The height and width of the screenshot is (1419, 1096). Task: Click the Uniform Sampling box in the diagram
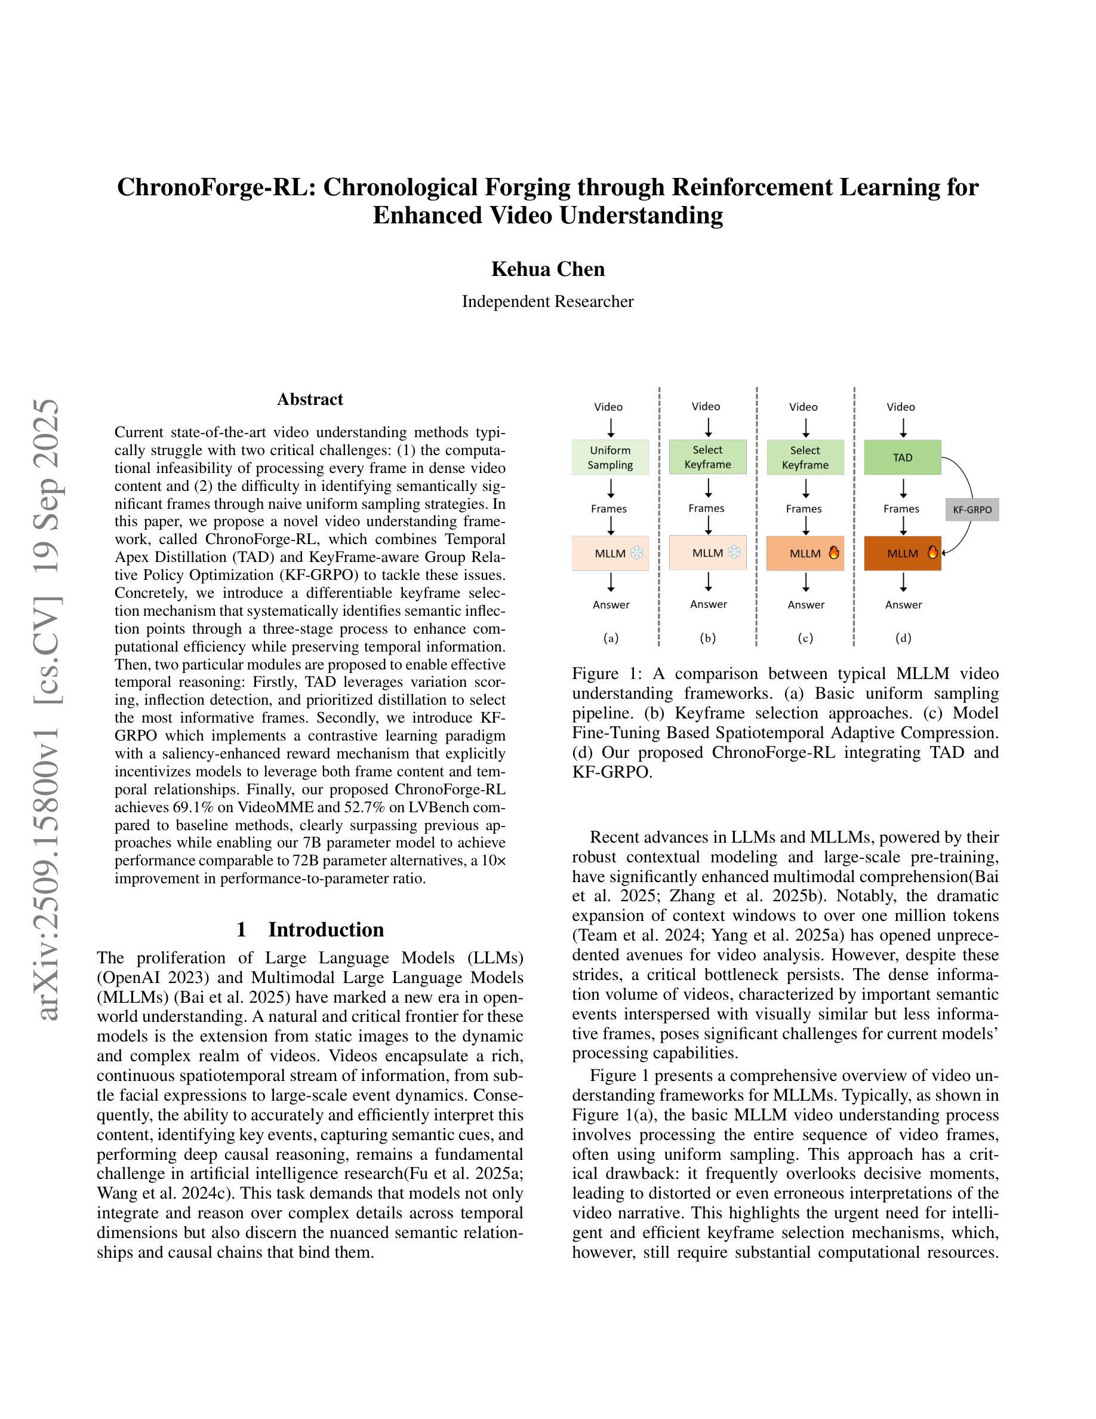pyautogui.click(x=609, y=457)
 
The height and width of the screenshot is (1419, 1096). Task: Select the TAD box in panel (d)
pyautogui.click(x=902, y=457)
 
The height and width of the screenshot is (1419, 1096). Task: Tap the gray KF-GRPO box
pyautogui.click(x=972, y=510)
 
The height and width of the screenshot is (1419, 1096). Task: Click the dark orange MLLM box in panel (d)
pyautogui.click(x=902, y=554)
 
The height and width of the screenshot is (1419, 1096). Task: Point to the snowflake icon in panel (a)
pyautogui.click(x=637, y=554)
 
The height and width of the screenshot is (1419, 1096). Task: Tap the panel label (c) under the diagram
pyautogui.click(x=805, y=638)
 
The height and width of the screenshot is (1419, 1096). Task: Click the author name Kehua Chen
pyautogui.click(x=547, y=269)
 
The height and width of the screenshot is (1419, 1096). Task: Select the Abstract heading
pyautogui.click(x=310, y=399)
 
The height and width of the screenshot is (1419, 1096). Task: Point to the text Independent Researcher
pyautogui.click(x=547, y=302)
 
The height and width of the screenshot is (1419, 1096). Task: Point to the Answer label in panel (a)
pyautogui.click(x=611, y=605)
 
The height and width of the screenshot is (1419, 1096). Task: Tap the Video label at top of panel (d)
pyautogui.click(x=901, y=407)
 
